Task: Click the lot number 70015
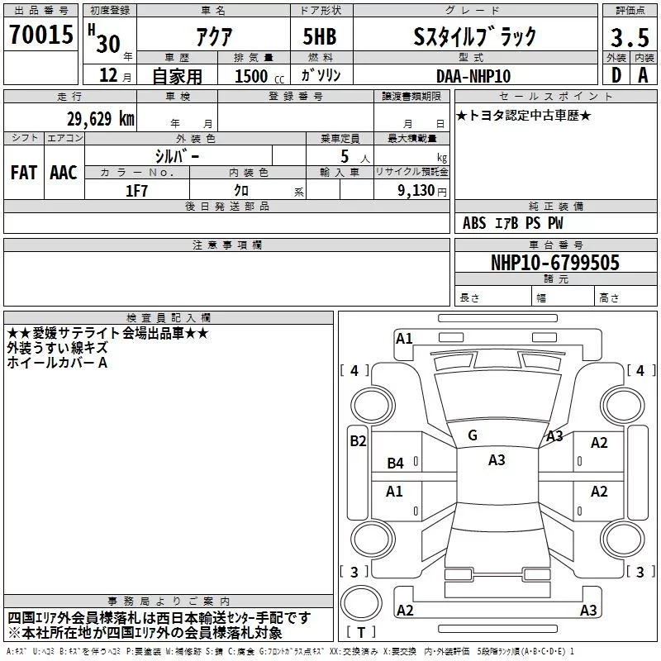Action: [41, 34]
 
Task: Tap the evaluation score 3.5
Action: [630, 37]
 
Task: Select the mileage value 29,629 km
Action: [100, 118]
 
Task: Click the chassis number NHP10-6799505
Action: [555, 262]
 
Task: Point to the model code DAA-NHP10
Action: [473, 76]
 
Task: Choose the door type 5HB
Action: [320, 36]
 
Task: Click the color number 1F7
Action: [136, 191]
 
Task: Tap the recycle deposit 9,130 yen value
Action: [422, 191]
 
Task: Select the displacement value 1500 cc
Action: [259, 76]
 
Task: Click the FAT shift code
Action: [24, 173]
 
